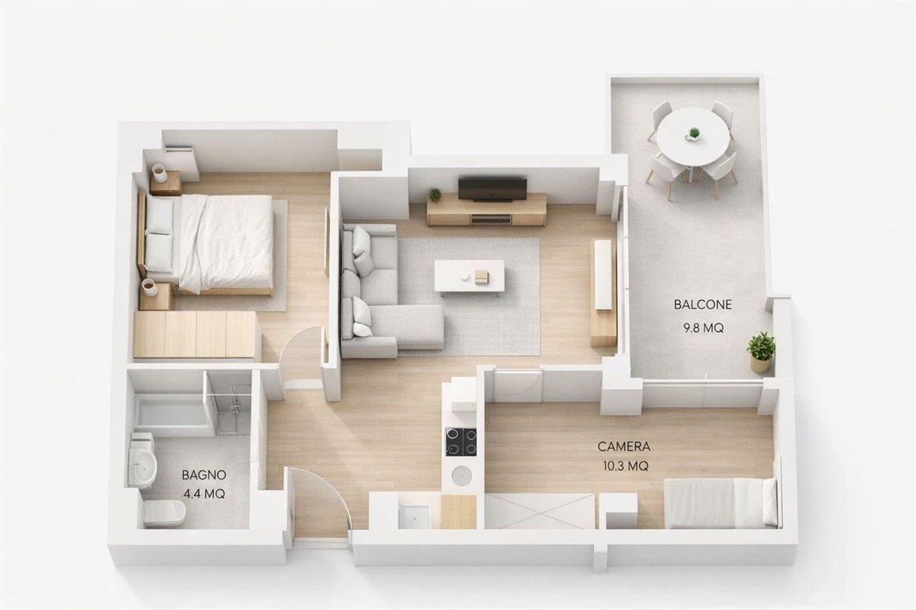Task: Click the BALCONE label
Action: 703,304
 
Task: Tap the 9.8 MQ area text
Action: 704,328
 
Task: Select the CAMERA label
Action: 624,447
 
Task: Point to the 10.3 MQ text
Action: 624,466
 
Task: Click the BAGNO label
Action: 204,474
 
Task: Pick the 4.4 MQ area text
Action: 204,494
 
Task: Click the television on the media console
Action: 492,188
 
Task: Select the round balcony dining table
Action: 693,138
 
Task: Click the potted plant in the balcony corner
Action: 761,352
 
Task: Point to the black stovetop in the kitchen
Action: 461,442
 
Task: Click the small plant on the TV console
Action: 435,195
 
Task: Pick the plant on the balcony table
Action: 693,133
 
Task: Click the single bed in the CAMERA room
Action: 722,503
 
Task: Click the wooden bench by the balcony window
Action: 604,292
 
